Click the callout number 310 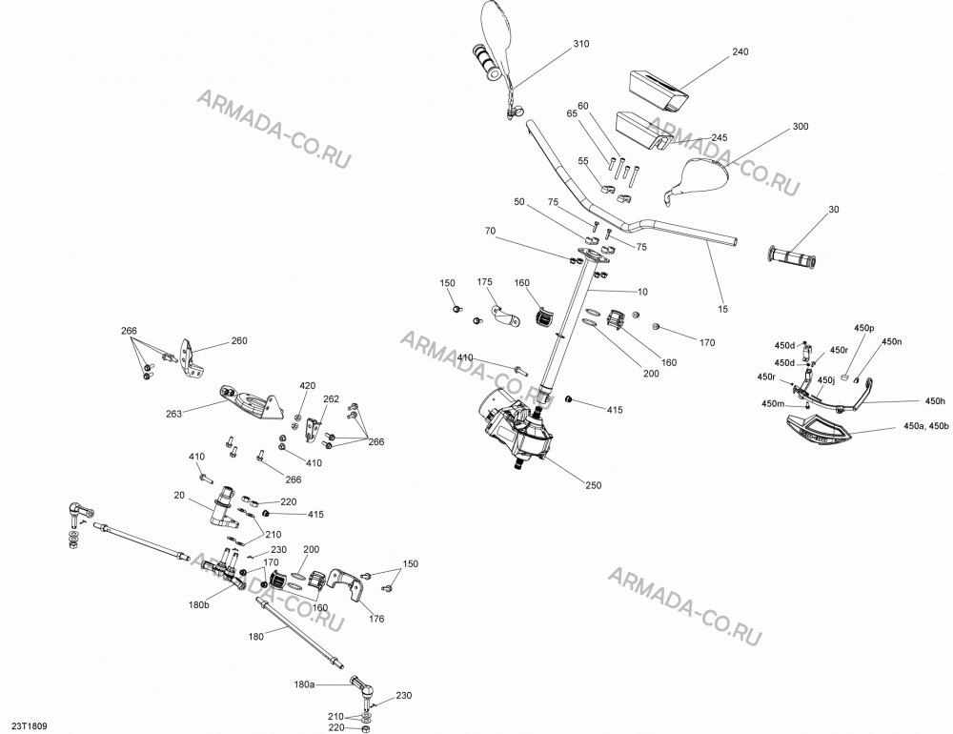581,44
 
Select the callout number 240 740,51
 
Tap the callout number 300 801,127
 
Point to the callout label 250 593,485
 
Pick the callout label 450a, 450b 925,426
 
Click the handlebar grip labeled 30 792,257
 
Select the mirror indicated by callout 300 698,178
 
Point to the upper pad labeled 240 659,90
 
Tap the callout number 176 376,619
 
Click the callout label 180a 304,684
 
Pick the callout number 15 722,309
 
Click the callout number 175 484,282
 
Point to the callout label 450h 936,400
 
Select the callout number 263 173,414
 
